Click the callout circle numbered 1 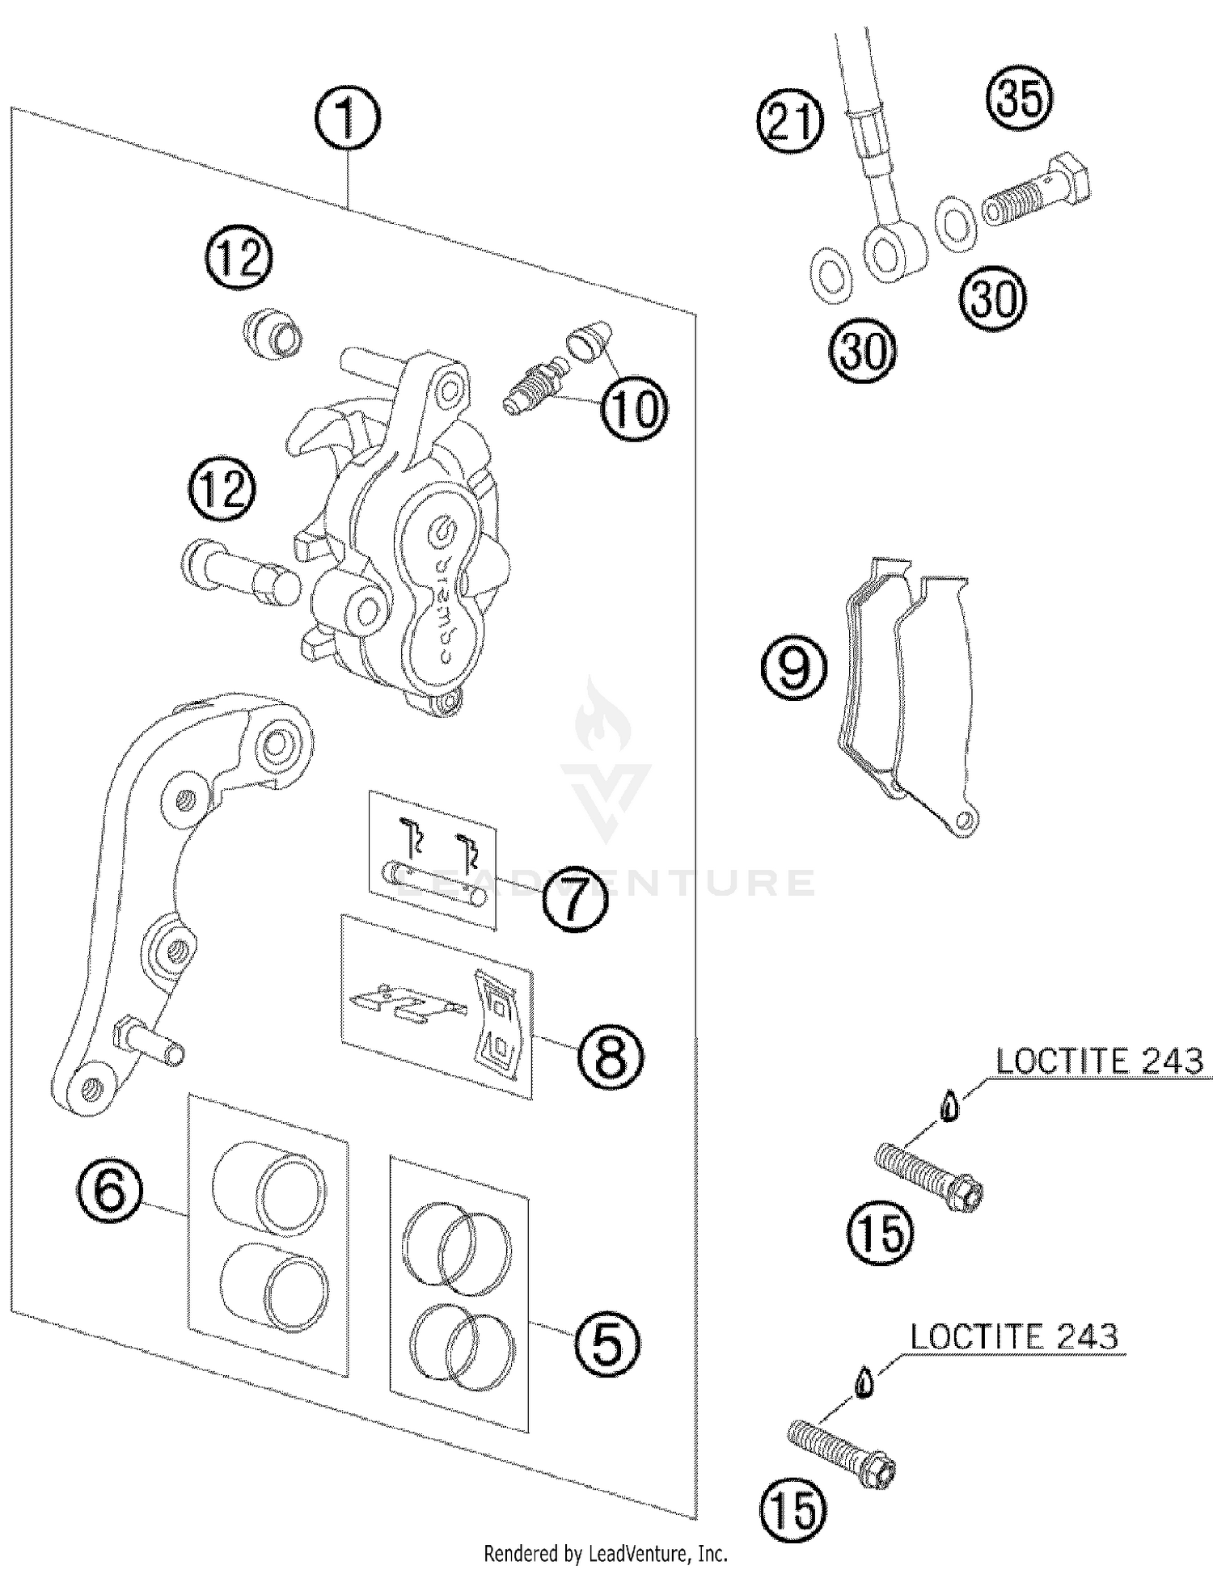[347, 120]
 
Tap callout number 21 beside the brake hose [789, 121]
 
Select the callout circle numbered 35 [1020, 99]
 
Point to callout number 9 [794, 668]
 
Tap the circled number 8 [611, 1055]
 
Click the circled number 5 [606, 1343]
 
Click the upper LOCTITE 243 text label [1100, 1061]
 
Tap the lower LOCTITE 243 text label [1014, 1336]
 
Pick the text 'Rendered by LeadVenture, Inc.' [606, 1553]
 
